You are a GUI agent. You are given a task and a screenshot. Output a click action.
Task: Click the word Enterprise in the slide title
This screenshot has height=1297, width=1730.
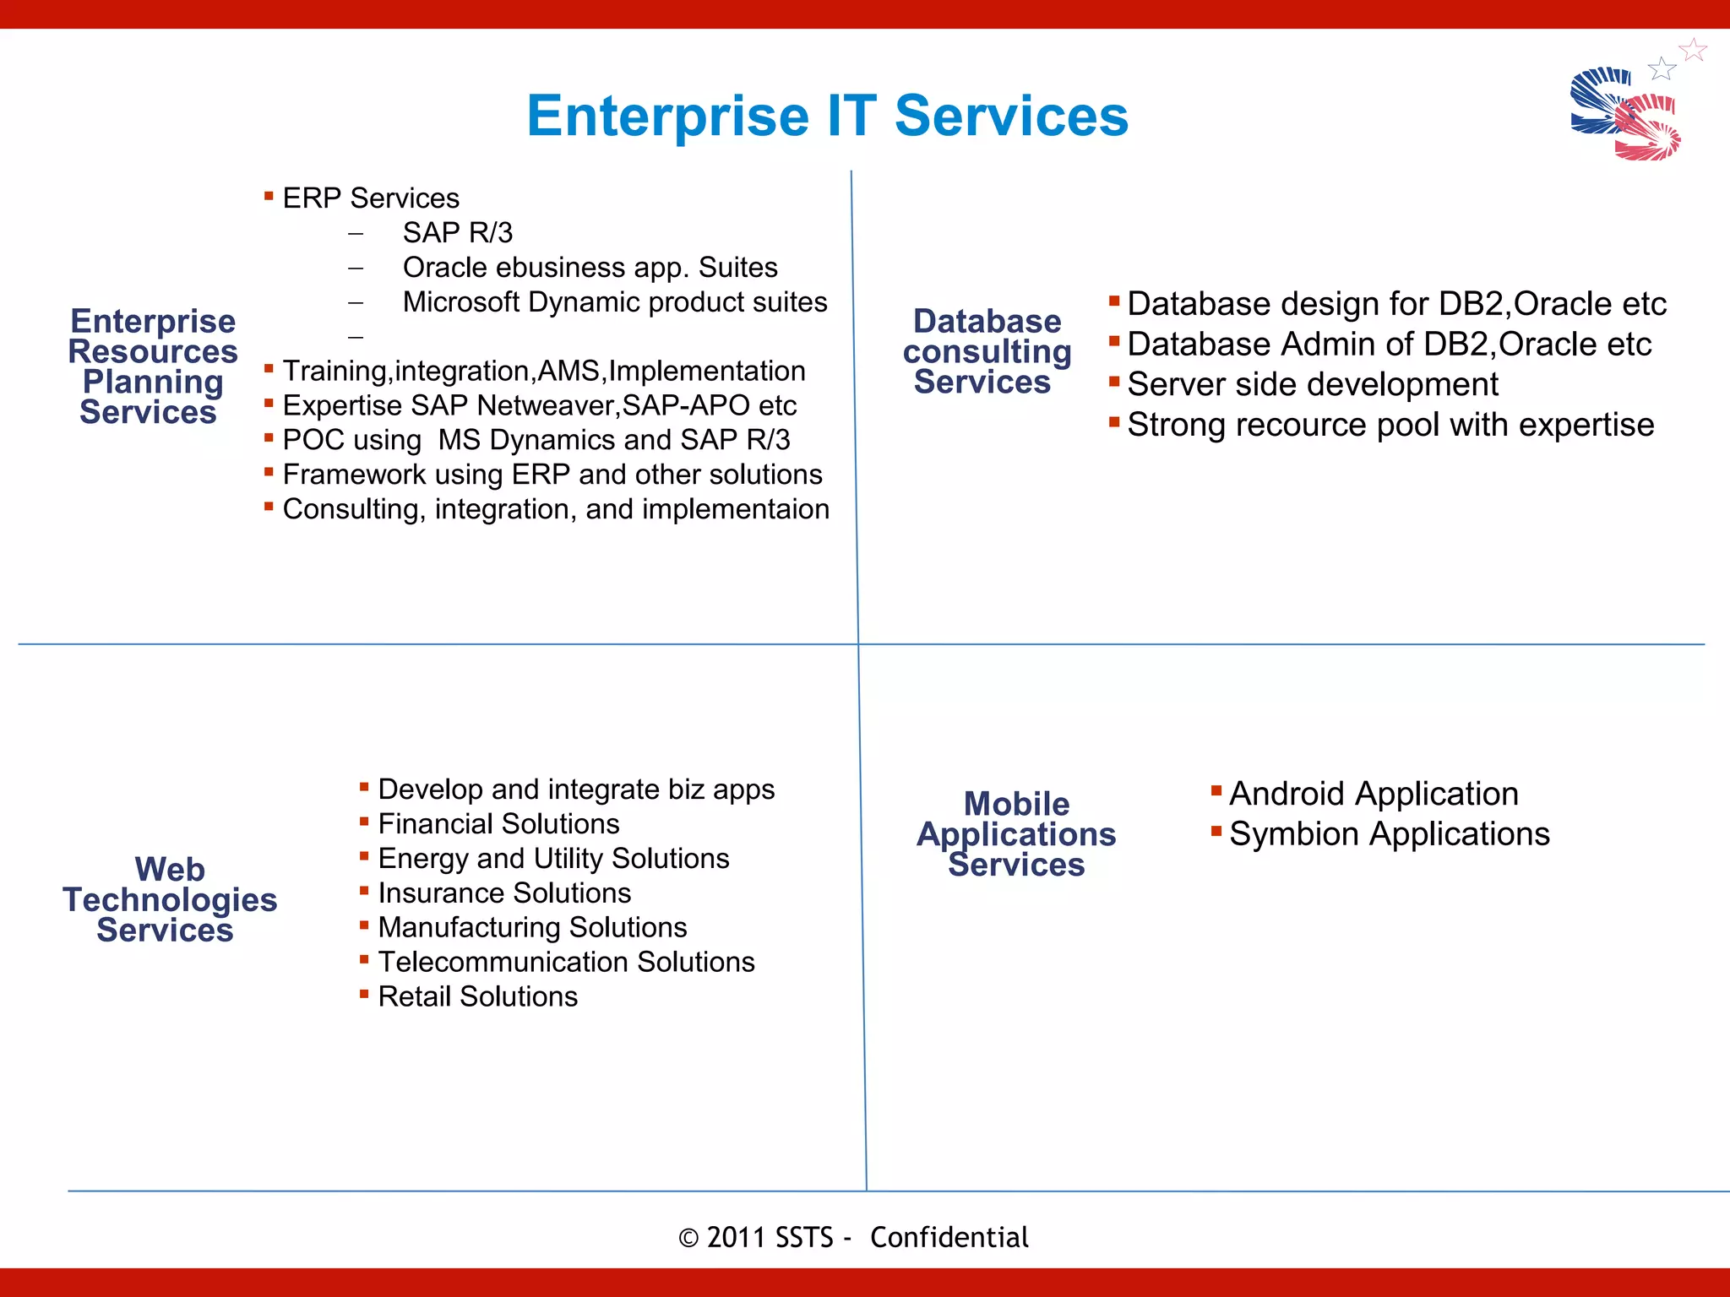(x=668, y=116)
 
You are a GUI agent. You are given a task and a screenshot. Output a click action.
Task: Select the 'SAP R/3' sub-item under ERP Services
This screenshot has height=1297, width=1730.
(x=457, y=232)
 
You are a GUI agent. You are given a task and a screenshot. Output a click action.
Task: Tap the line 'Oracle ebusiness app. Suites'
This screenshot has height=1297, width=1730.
(x=590, y=267)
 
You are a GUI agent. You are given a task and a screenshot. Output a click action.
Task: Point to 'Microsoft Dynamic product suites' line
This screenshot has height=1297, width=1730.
(x=614, y=301)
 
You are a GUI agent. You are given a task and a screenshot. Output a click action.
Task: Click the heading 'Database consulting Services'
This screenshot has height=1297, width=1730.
(x=986, y=351)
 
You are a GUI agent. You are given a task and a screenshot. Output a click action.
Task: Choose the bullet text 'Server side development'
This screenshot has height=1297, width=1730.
(x=1312, y=384)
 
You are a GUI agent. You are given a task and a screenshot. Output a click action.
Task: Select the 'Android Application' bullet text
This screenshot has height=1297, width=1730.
(x=1373, y=794)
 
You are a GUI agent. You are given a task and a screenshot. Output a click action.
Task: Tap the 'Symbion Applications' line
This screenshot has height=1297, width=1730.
(x=1389, y=834)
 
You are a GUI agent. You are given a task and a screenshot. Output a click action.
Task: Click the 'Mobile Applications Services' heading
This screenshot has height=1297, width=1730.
(x=1016, y=834)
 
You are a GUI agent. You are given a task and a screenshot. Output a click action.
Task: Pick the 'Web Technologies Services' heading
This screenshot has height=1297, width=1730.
(x=169, y=899)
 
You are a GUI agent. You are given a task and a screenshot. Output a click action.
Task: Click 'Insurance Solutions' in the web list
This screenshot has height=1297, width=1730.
(x=504, y=893)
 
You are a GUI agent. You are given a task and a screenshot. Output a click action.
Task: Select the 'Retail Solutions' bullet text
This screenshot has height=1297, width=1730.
(x=477, y=996)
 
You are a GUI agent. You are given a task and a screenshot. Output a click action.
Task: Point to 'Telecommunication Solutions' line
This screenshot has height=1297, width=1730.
(x=566, y=962)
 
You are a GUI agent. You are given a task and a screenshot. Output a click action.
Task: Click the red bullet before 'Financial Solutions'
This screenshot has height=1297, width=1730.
(x=364, y=822)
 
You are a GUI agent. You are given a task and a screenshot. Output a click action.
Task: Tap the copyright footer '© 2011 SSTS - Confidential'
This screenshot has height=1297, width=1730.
(x=853, y=1237)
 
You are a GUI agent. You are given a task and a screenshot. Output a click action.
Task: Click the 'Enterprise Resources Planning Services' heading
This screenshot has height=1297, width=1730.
(x=152, y=366)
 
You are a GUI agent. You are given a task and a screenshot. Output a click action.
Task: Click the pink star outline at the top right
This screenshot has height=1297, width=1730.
(x=1693, y=50)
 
